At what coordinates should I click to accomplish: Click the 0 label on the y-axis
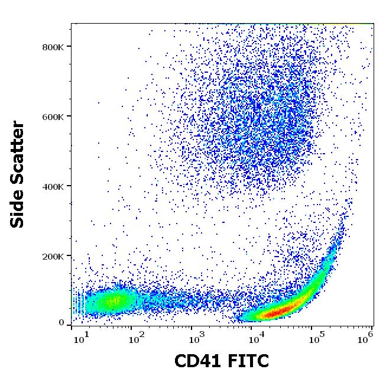(x=61, y=323)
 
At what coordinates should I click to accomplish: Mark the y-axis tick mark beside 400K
(x=69, y=186)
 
